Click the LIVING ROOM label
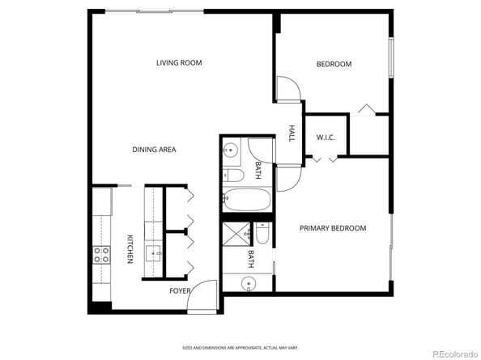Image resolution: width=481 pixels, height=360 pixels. [x=179, y=62]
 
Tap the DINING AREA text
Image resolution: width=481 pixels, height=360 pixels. [x=154, y=150]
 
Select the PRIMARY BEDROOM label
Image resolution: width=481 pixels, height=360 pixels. [x=333, y=228]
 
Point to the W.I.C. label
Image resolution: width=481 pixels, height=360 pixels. [x=326, y=137]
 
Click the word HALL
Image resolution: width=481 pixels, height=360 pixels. [x=292, y=133]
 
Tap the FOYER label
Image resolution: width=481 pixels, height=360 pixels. [x=180, y=290]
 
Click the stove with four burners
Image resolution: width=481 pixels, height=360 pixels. [x=102, y=255]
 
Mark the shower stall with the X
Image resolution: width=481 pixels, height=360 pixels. [x=238, y=234]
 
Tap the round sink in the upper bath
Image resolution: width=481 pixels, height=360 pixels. [x=231, y=150]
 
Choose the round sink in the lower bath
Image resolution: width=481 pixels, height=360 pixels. [x=247, y=283]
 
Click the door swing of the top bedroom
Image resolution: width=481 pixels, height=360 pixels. [x=287, y=89]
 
